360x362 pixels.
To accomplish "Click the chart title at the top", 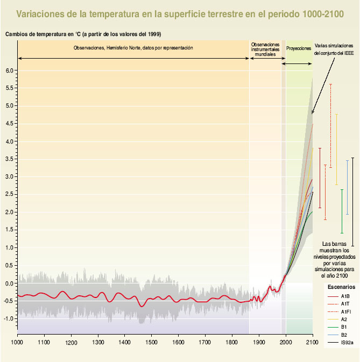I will pyautogui.click(x=180, y=12).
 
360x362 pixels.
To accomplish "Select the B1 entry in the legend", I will pyautogui.click(x=344, y=326).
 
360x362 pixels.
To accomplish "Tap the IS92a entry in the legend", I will pyautogui.click(x=347, y=342).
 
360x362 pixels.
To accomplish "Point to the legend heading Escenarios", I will pyautogui.click(x=341, y=287).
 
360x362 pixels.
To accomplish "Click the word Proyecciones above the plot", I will pyautogui.click(x=299, y=48).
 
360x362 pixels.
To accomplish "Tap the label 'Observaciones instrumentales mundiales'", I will pyautogui.click(x=265, y=49).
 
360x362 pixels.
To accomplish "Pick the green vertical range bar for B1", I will pyautogui.click(x=342, y=211).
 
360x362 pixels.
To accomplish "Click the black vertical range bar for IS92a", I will pyautogui.click(x=352, y=202).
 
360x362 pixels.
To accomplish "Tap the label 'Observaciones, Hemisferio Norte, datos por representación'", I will pyautogui.click(x=133, y=48).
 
